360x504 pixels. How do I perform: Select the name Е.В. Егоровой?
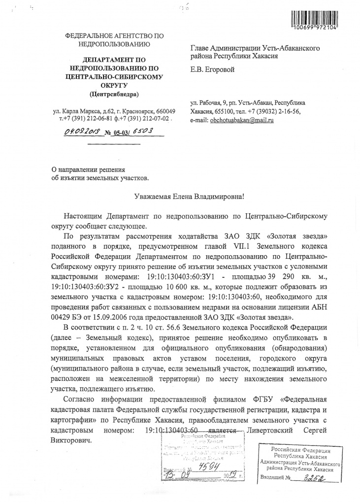click(x=212, y=69)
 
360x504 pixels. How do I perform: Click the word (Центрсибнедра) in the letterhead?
click(x=114, y=94)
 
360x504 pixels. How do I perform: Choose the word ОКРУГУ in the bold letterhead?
click(x=114, y=85)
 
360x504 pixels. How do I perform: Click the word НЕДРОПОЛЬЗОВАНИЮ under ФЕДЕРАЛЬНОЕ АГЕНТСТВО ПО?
click(x=114, y=44)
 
